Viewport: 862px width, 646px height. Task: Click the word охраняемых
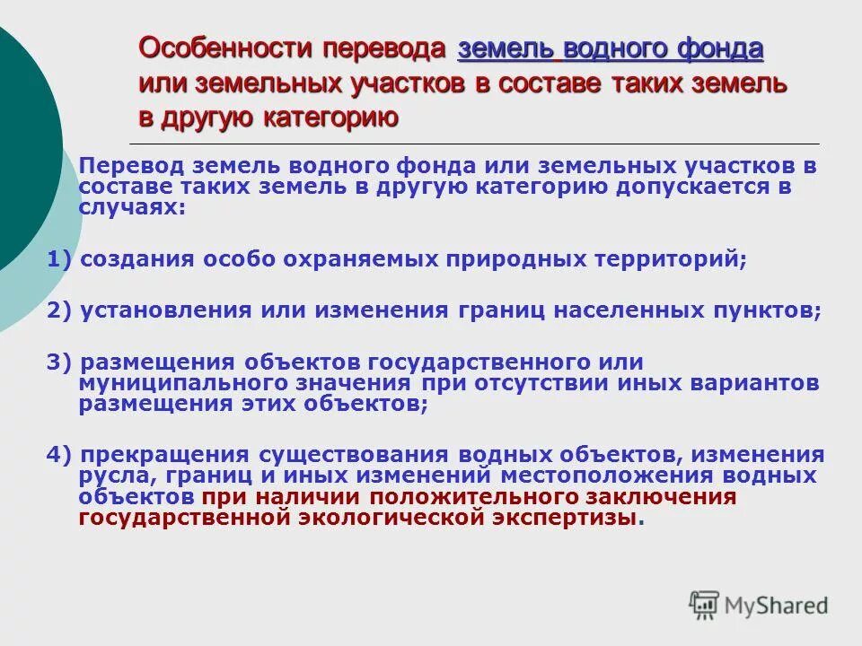356,260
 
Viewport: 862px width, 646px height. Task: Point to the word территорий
668,260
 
